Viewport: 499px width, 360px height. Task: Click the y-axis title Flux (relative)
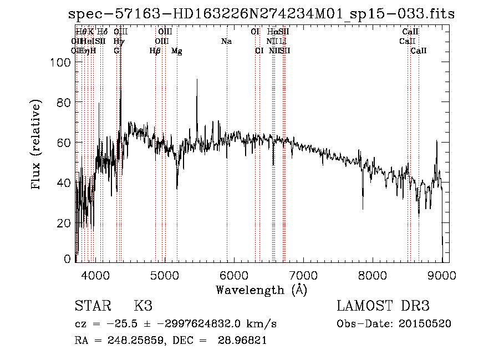(x=37, y=146)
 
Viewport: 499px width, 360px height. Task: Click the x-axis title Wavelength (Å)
(x=261, y=290)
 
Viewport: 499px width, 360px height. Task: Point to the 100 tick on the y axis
(x=59, y=63)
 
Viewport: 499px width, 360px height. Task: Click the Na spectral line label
(x=226, y=41)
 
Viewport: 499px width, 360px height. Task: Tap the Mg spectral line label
(x=177, y=51)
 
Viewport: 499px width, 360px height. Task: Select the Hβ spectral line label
(x=155, y=51)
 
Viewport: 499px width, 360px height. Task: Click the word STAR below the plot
(x=92, y=306)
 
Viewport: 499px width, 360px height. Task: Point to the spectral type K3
(x=143, y=306)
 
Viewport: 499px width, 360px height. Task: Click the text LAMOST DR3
(x=383, y=306)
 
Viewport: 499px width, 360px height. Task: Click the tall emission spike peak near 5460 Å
(x=197, y=80)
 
